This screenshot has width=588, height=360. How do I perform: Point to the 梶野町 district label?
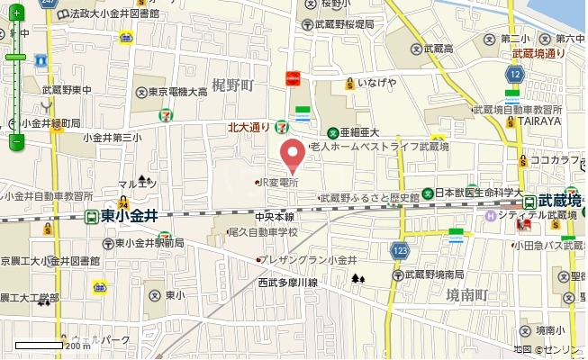coord(233,85)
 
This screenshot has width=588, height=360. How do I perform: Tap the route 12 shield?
coord(512,77)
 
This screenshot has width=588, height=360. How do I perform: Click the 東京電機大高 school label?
coord(177,92)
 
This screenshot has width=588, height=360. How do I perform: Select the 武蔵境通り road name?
coord(538,53)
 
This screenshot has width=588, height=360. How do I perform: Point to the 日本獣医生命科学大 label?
coord(478,193)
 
